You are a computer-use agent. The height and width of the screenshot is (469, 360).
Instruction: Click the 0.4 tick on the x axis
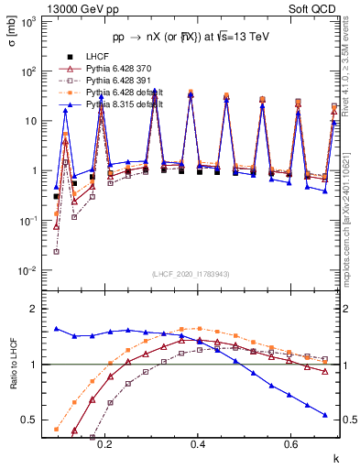pos(198,443)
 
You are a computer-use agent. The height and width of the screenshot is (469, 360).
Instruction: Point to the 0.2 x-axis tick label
pos(104,443)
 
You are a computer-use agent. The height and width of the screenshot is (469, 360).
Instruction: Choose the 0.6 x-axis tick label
pos(291,443)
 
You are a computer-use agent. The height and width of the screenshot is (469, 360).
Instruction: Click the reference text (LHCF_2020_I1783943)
pos(190,275)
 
